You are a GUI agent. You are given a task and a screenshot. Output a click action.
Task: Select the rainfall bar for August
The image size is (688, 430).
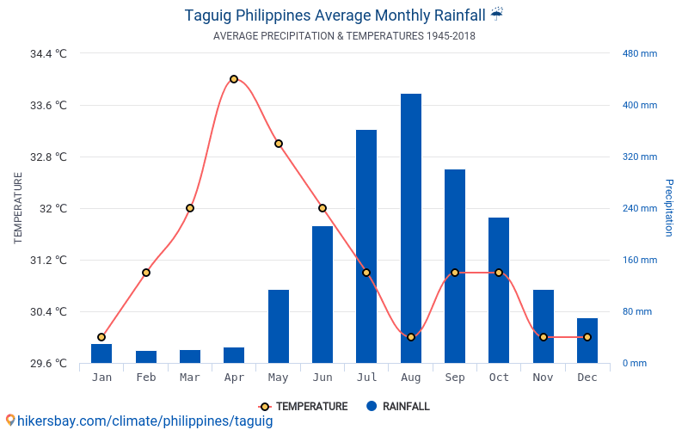click(x=411, y=228)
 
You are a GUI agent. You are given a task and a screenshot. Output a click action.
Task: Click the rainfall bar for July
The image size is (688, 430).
click(x=366, y=246)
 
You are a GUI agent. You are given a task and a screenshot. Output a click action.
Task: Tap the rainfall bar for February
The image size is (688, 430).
click(x=146, y=357)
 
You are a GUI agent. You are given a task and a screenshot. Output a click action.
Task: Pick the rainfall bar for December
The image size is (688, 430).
click(x=587, y=341)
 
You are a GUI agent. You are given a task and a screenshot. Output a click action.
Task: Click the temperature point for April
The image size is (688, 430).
click(x=234, y=79)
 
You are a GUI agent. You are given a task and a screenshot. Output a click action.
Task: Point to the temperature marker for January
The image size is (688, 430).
click(x=101, y=337)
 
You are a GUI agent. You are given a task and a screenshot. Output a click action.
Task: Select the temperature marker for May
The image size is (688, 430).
click(x=279, y=144)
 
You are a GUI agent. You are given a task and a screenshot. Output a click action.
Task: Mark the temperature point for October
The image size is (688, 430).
click(x=499, y=273)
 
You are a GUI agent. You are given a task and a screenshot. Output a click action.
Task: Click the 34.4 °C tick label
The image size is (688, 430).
click(x=48, y=53)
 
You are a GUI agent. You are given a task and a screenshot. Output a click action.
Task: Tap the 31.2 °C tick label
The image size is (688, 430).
click(x=48, y=260)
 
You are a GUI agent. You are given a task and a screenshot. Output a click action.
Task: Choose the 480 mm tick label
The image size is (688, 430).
click(x=640, y=53)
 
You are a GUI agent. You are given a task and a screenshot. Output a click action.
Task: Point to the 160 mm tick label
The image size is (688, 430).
click(x=640, y=260)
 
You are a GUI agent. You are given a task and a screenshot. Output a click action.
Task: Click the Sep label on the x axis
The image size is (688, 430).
click(x=455, y=378)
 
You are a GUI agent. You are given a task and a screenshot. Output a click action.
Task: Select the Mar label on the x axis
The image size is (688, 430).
click(x=190, y=378)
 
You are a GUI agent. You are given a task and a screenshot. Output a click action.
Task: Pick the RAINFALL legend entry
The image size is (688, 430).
click(x=397, y=407)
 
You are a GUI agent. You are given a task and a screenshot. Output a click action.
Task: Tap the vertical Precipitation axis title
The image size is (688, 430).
click(x=668, y=208)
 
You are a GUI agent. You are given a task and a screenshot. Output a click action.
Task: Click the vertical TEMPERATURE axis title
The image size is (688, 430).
click(x=18, y=208)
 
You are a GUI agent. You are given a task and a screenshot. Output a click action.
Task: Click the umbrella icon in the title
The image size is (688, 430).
click(x=497, y=14)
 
